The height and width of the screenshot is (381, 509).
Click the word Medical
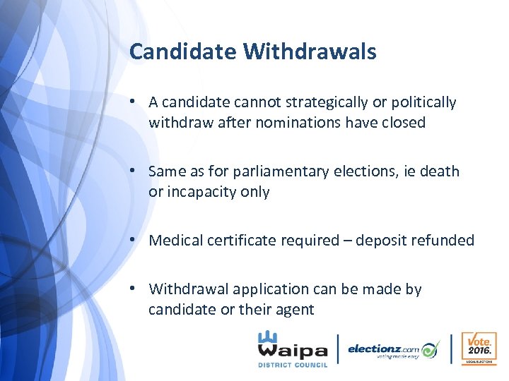pos(177,241)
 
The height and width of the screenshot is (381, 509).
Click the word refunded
pos(443,241)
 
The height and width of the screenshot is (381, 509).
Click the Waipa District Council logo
pos(293,349)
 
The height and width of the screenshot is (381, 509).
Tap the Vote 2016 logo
pos(478,349)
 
